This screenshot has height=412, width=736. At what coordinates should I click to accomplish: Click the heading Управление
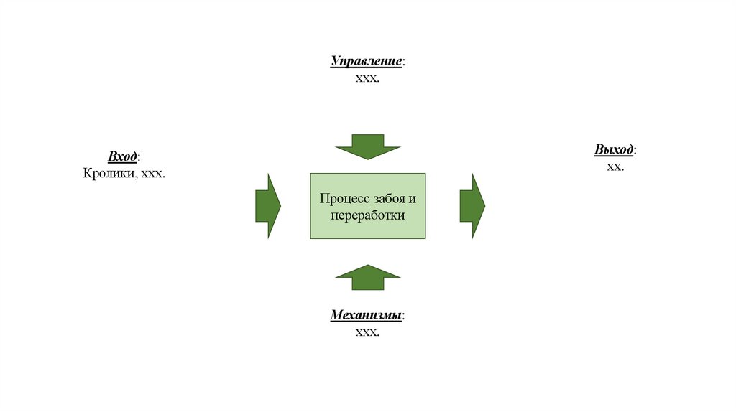366,62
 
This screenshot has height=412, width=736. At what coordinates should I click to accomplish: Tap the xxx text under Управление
367,78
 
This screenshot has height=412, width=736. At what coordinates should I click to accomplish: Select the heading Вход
122,157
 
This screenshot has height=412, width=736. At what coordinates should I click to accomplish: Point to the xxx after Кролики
152,173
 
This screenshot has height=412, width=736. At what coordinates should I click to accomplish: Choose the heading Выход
614,150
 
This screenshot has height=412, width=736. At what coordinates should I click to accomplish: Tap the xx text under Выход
615,166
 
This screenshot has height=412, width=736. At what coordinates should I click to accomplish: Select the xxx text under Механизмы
367,332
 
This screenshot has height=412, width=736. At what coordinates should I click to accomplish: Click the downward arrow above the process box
368,146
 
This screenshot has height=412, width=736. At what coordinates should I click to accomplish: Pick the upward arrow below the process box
368,277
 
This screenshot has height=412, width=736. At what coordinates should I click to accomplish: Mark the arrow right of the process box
472,206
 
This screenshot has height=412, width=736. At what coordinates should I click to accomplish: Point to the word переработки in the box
368,215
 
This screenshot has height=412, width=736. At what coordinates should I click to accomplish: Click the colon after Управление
403,62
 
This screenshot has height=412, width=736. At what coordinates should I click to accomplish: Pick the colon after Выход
635,151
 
